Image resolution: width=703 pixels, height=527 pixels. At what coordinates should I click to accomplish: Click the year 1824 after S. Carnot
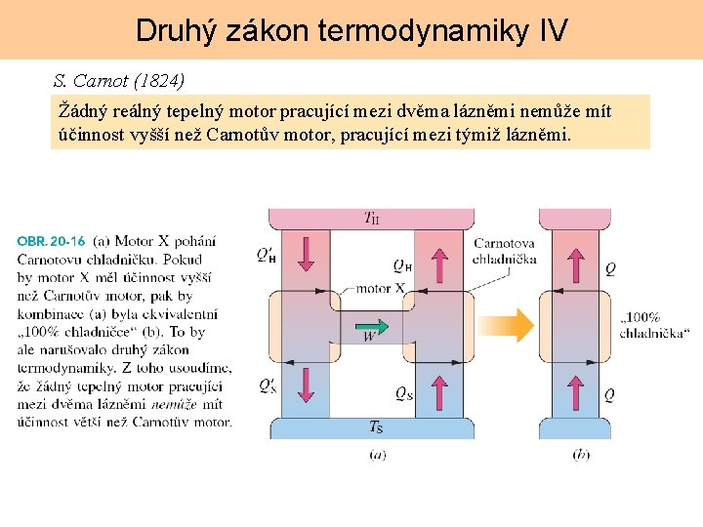(161, 78)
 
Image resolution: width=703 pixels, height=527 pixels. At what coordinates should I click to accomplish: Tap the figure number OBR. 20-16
(51, 240)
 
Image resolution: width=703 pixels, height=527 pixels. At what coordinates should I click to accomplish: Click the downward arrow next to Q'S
(306, 386)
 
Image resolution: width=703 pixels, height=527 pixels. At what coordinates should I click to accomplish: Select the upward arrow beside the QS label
(438, 392)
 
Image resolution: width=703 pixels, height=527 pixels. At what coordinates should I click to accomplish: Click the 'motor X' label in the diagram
(380, 289)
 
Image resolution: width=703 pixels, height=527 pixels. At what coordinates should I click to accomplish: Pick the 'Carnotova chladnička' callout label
(504, 251)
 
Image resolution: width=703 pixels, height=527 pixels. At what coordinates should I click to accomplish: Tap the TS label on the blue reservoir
(375, 426)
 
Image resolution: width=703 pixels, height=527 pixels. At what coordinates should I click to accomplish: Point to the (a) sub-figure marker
(377, 454)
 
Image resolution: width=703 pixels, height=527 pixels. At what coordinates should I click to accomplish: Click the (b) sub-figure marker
(581, 454)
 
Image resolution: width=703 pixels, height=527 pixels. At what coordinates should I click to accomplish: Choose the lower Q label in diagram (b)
(610, 394)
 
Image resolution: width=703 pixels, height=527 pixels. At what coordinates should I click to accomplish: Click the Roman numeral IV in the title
(553, 30)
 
